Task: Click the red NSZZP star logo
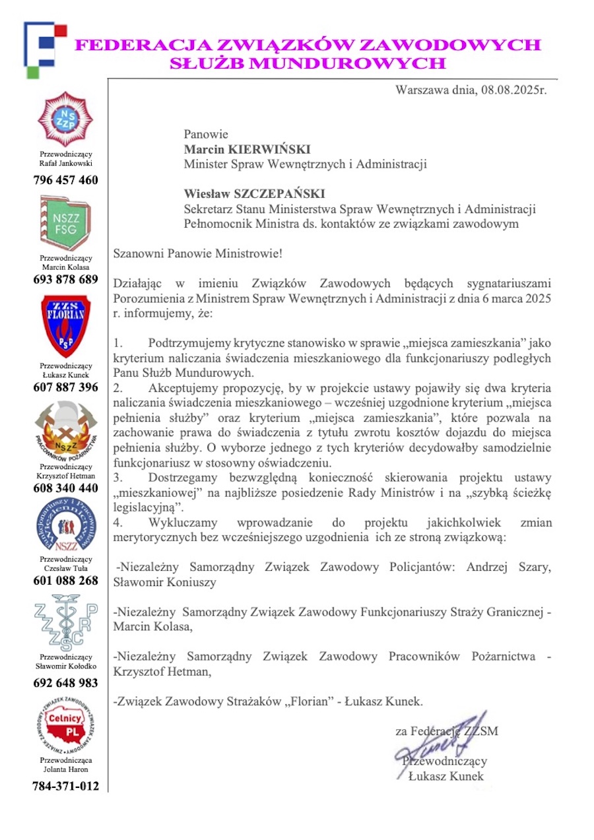(65, 119)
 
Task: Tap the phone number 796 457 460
(65, 180)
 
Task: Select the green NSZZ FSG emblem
(65, 222)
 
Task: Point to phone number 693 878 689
(65, 279)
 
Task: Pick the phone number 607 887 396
(65, 387)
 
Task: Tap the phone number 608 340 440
(65, 488)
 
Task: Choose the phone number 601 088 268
(65, 581)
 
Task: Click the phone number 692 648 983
(65, 683)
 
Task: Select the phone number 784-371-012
(65, 786)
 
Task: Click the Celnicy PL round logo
(65, 726)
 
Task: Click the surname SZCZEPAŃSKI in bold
(273, 194)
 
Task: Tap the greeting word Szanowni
(139, 253)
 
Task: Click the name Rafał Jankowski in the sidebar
(65, 163)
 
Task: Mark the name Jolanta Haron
(65, 769)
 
